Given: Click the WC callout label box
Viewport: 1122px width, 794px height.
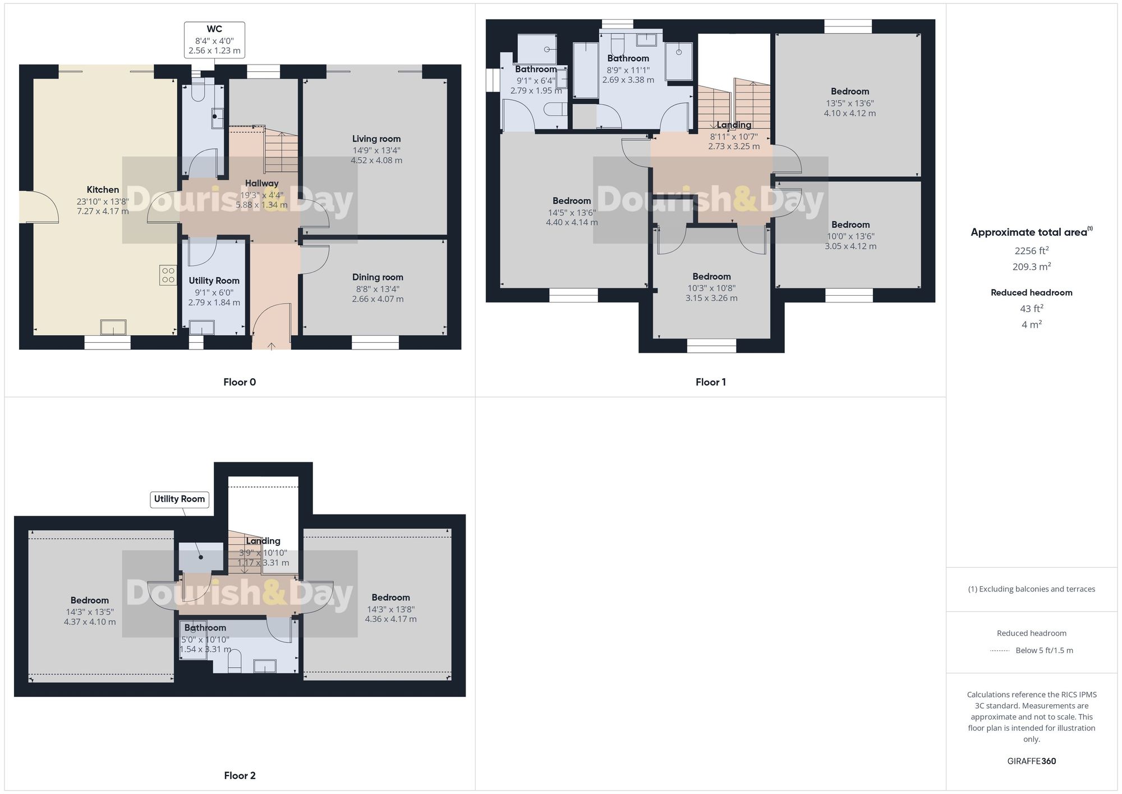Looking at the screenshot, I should (214, 39).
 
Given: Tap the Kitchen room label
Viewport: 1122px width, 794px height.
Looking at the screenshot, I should (103, 190).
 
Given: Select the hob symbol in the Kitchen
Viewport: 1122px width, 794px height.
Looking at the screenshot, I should (168, 275).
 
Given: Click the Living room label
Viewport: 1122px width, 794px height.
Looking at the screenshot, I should (376, 139).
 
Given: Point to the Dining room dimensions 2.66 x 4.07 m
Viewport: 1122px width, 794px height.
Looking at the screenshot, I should (378, 299).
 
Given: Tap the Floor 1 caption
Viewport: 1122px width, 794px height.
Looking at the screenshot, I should (710, 382).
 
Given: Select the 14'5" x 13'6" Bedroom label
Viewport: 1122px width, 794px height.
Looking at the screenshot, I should (572, 201).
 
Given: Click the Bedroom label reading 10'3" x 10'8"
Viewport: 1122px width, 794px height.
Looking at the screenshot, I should (711, 277).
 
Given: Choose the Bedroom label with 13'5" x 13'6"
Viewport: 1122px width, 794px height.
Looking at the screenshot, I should (849, 91).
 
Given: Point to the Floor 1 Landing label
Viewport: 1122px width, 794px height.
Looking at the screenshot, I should (733, 125).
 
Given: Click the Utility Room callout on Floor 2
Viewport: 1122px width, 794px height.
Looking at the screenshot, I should (180, 499).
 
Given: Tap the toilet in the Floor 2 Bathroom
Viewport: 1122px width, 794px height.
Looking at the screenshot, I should (234, 661).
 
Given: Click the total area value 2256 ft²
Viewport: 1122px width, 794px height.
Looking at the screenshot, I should (1031, 251).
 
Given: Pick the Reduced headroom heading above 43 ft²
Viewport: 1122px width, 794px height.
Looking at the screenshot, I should (1031, 292).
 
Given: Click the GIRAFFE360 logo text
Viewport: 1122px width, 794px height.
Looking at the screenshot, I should (1031, 761).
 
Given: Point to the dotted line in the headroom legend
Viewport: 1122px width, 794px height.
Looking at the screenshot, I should (1000, 651).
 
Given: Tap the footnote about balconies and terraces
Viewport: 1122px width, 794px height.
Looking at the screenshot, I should (1031, 589).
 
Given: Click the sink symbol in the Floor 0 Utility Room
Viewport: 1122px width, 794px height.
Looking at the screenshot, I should (201, 327).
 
